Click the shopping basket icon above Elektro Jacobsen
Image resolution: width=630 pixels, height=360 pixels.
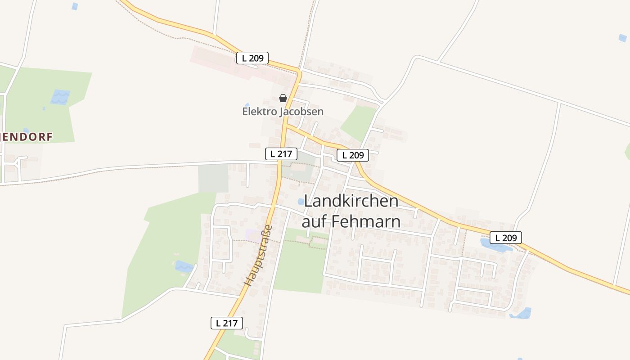pyautogui.click(x=283, y=98)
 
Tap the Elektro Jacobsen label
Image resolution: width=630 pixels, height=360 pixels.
pyautogui.click(x=283, y=111)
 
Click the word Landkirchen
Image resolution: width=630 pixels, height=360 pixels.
pyautogui.click(x=351, y=201)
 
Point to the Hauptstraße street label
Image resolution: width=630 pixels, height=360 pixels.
pyautogui.click(x=258, y=255)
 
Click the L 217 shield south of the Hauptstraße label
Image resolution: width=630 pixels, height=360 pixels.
pyautogui.click(x=227, y=323)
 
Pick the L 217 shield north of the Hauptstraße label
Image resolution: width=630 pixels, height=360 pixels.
pyautogui.click(x=281, y=154)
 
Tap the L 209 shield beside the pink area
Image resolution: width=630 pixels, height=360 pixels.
pyautogui.click(x=252, y=58)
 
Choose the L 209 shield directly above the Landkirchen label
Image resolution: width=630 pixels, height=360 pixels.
pyautogui.click(x=353, y=155)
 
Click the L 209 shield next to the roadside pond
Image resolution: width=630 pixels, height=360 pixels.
pyautogui.click(x=505, y=238)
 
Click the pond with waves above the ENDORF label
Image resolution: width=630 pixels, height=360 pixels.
pyautogui.click(x=60, y=97)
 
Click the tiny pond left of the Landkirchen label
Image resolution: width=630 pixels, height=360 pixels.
pyautogui.click(x=301, y=202)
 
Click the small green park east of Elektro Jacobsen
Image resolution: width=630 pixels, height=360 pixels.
pyautogui.click(x=358, y=121)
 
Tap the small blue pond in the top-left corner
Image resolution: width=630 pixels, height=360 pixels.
pyautogui.click(x=75, y=6)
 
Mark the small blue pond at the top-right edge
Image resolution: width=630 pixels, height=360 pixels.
pyautogui.click(x=622, y=38)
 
